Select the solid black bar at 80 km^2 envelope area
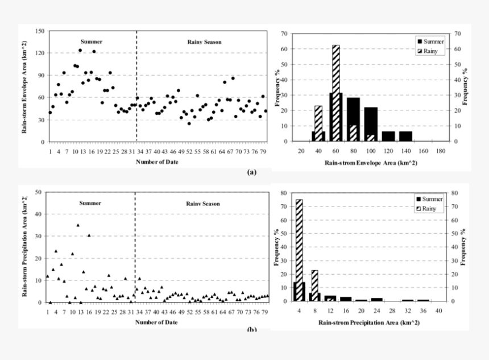click(353, 119)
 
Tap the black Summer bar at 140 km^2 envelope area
click(405, 136)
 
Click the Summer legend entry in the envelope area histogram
click(429, 42)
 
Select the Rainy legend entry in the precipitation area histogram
click(429, 209)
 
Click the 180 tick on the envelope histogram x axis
click(441, 151)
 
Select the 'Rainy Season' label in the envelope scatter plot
click(204, 42)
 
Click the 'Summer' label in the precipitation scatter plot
click(90, 203)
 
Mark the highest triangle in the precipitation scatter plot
click(78, 225)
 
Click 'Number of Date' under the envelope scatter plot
click(156, 162)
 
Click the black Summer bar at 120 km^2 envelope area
click(388, 136)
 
